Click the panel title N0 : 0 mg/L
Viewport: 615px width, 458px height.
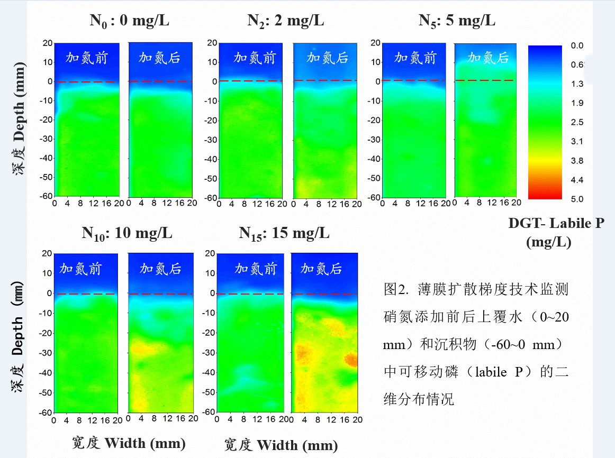point(130,21)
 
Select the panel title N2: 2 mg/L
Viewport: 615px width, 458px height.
point(286,21)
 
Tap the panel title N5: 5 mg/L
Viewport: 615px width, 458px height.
point(457,21)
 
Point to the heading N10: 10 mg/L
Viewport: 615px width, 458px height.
point(127,234)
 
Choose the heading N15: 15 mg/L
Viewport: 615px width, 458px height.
point(284,234)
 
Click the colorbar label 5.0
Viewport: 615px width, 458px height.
point(577,199)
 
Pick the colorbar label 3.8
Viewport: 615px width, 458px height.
point(577,161)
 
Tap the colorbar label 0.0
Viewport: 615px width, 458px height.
point(577,45)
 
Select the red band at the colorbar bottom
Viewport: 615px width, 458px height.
point(545,194)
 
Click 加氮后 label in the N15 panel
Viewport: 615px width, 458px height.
point(321,269)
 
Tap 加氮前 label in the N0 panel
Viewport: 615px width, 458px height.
point(86,58)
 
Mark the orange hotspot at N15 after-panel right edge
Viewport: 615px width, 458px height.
point(351,360)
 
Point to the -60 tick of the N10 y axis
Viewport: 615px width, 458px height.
point(46,412)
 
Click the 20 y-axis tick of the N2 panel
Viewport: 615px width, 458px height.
point(212,43)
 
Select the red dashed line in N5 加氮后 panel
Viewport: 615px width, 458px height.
point(484,80)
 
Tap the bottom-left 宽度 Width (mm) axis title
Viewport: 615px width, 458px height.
point(129,443)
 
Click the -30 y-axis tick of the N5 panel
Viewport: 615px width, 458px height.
point(374,139)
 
